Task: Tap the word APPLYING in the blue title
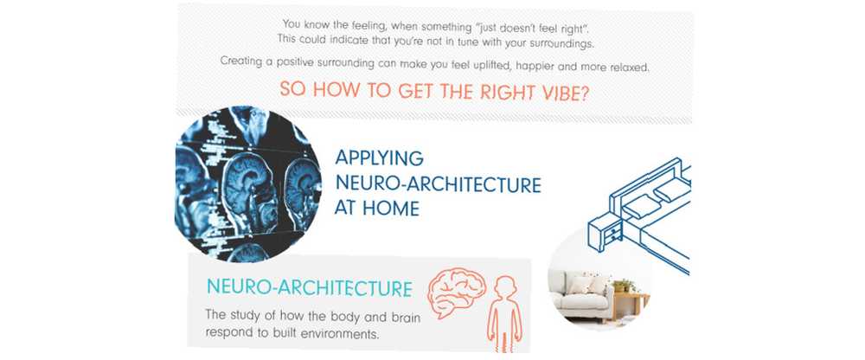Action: [380, 157]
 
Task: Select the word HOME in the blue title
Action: [392, 209]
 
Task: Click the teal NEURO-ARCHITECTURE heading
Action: [310, 287]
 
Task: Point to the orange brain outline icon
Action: [458, 292]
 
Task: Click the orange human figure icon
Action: [505, 313]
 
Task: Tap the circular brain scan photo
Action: [247, 183]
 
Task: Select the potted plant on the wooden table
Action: [624, 285]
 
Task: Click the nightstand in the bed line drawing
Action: [605, 229]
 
